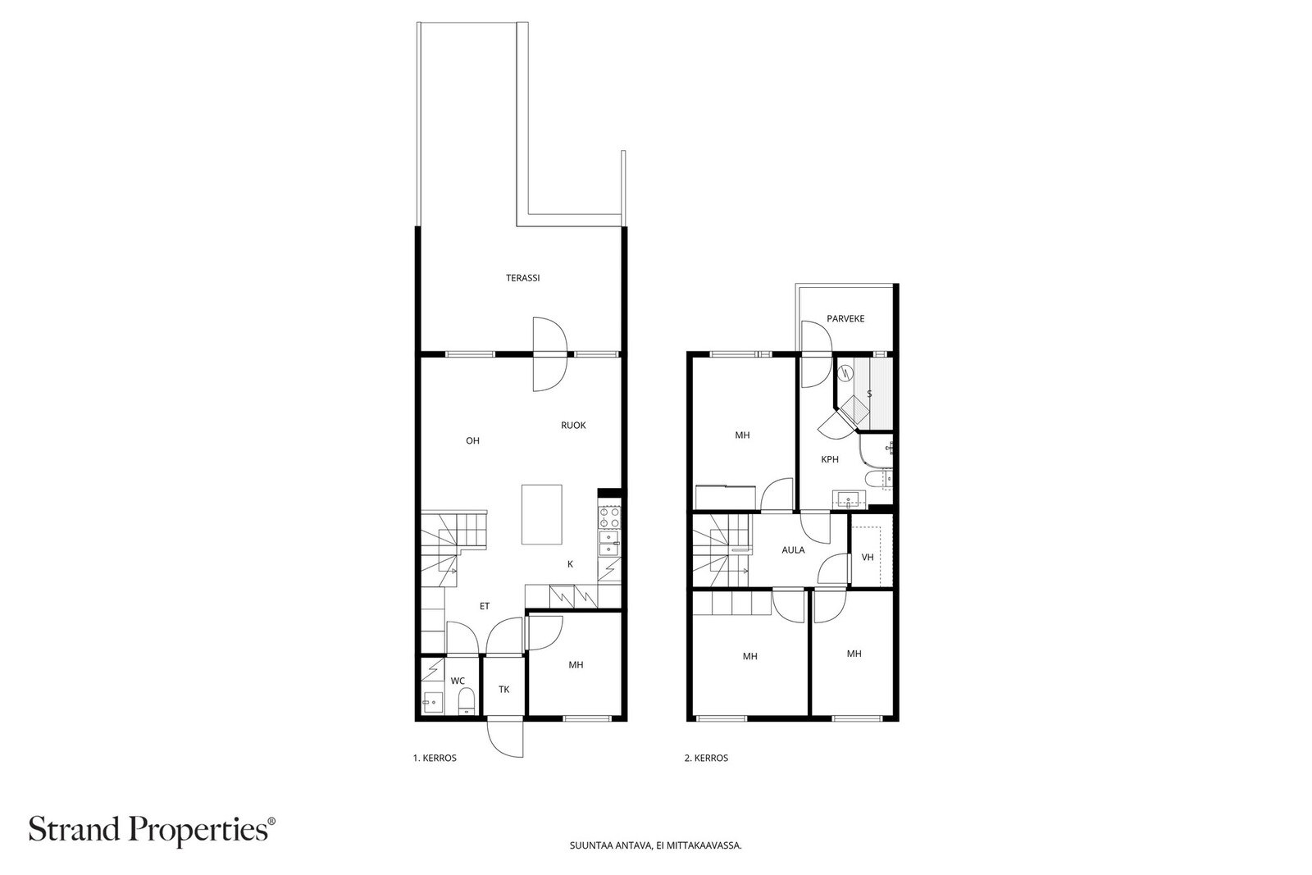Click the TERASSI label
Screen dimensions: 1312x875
pos(522,278)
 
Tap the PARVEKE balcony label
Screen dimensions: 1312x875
pos(845,319)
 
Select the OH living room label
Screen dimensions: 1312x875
pos(472,441)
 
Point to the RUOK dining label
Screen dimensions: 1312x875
pos(573,426)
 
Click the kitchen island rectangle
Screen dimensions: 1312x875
pos(542,514)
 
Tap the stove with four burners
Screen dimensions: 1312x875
pos(610,517)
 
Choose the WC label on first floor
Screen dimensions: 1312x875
pos(458,681)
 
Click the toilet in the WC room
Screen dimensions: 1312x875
pos(467,701)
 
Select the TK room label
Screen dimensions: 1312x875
pos(503,690)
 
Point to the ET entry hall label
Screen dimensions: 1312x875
pos(485,606)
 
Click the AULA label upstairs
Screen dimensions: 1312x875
pos(793,550)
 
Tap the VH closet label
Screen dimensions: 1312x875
pos(868,557)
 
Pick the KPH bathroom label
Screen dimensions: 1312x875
pos(829,460)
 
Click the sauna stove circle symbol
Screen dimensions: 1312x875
pos(845,371)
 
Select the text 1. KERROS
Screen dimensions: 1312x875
pos(435,758)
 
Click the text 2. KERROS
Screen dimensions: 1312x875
pos(706,758)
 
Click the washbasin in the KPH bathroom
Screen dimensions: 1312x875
pos(848,499)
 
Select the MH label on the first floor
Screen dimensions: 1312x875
pos(576,665)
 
